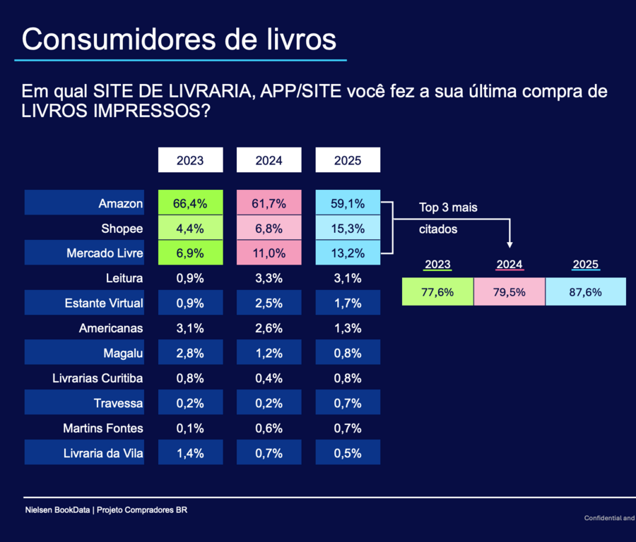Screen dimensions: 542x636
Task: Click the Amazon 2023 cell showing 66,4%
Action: [190, 203]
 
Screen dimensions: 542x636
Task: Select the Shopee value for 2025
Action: [348, 229]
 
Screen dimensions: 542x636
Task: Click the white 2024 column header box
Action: [269, 160]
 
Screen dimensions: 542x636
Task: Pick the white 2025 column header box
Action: [348, 160]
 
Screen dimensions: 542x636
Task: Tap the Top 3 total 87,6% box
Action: [586, 292]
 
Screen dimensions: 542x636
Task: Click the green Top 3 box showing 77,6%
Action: [437, 292]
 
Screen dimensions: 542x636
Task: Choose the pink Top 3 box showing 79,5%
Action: [510, 292]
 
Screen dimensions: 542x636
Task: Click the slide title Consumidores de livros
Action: [179, 40]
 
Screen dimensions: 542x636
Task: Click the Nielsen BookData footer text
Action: [106, 510]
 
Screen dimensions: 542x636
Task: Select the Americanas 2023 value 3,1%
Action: [190, 328]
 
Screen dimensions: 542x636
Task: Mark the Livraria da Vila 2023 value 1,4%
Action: [190, 453]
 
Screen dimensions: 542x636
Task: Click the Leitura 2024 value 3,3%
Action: [269, 278]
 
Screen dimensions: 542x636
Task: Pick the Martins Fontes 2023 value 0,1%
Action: [190, 428]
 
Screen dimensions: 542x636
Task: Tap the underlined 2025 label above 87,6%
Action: [586, 265]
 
